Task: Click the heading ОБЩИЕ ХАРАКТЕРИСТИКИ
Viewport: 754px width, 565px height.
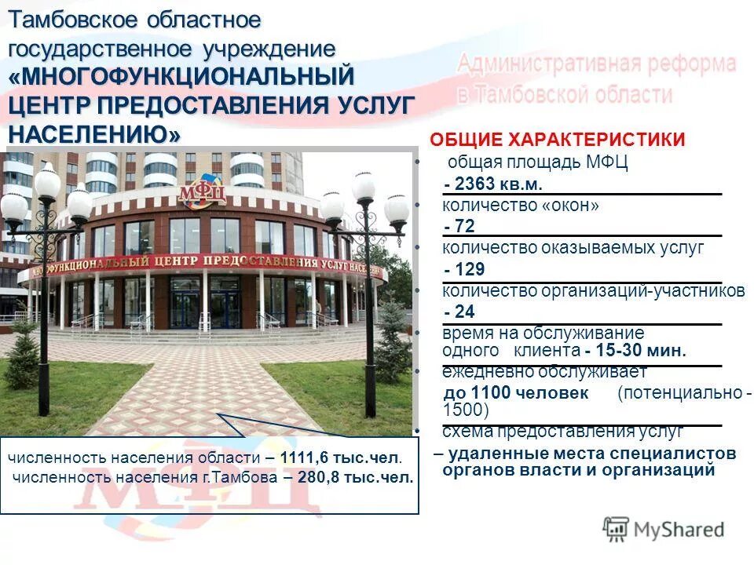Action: click(557, 140)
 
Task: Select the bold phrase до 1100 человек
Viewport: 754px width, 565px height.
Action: click(516, 392)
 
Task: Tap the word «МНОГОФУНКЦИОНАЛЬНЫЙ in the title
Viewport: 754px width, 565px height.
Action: click(182, 77)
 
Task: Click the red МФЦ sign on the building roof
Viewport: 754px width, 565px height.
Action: click(202, 191)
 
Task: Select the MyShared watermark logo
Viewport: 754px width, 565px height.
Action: click(664, 529)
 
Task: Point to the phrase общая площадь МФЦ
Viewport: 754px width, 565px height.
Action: click(537, 163)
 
